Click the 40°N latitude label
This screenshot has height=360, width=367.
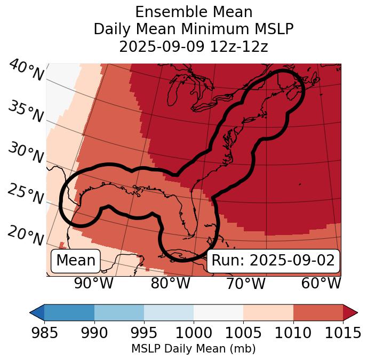pos(26,71)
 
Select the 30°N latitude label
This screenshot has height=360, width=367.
pos(26,153)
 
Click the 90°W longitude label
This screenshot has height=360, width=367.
pos(93,284)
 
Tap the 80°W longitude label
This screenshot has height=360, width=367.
pos(170,284)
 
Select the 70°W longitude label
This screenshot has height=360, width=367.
pos(245,284)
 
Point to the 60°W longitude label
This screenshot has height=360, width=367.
pos(321,284)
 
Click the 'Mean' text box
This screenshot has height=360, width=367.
pos(76,261)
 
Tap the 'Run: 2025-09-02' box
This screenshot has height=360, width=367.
pos(273,261)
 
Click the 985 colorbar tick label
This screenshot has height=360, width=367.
pos(44,333)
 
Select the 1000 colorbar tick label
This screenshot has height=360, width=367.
pos(194,333)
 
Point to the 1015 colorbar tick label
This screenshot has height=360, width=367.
pos(343,333)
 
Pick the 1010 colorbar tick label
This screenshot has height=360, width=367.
pos(293,333)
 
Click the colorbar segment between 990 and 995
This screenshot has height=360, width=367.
pos(119,312)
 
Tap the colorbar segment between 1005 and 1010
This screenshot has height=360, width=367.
pos(268,312)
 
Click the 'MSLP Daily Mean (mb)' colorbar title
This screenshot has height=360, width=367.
pos(194,349)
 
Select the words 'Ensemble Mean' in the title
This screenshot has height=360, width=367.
pos(194,12)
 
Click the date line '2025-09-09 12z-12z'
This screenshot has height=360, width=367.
pos(194,46)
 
